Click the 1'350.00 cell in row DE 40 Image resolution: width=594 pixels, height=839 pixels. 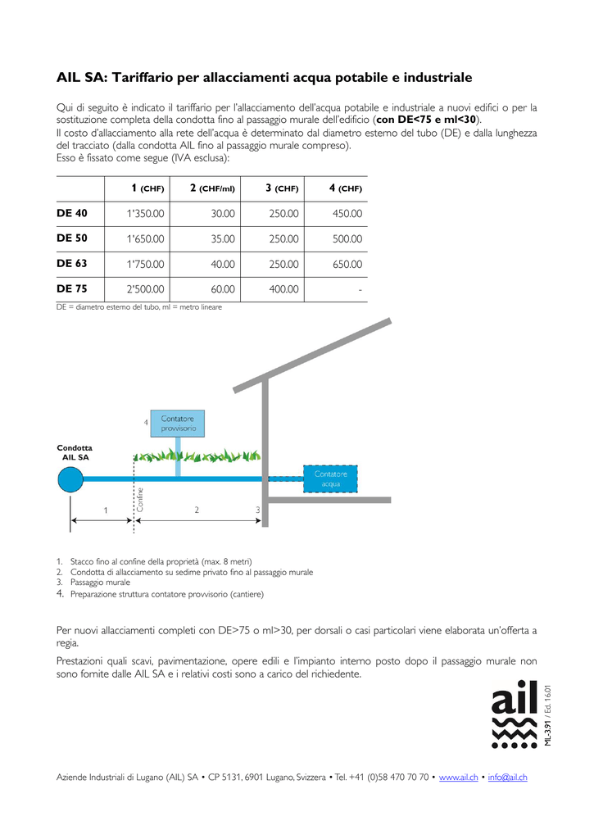pyautogui.click(x=145, y=214)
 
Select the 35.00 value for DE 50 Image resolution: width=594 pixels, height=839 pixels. pyautogui.click(x=223, y=239)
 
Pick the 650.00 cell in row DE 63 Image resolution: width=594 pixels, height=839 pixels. pyautogui.click(x=347, y=265)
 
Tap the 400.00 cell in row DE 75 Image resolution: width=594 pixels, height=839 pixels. pyautogui.click(x=283, y=289)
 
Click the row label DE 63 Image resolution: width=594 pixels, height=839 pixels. pyautogui.click(x=71, y=264)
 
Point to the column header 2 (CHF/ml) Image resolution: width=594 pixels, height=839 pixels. pyautogui.click(x=212, y=188)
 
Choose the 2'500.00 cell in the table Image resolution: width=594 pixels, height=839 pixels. pyautogui.click(x=145, y=289)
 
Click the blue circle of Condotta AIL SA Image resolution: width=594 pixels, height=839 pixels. pyautogui.click(x=70, y=478)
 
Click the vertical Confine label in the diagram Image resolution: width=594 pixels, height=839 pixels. pyautogui.click(x=140, y=500)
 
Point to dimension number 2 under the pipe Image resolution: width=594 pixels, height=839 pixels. pyautogui.click(x=197, y=510)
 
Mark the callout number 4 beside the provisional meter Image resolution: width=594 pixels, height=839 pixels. pyautogui.click(x=146, y=422)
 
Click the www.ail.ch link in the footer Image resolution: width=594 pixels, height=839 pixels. pyautogui.click(x=459, y=777)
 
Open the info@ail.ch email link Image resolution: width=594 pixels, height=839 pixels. pyautogui.click(x=507, y=777)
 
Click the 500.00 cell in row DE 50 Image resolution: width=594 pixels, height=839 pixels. pyautogui.click(x=347, y=239)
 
